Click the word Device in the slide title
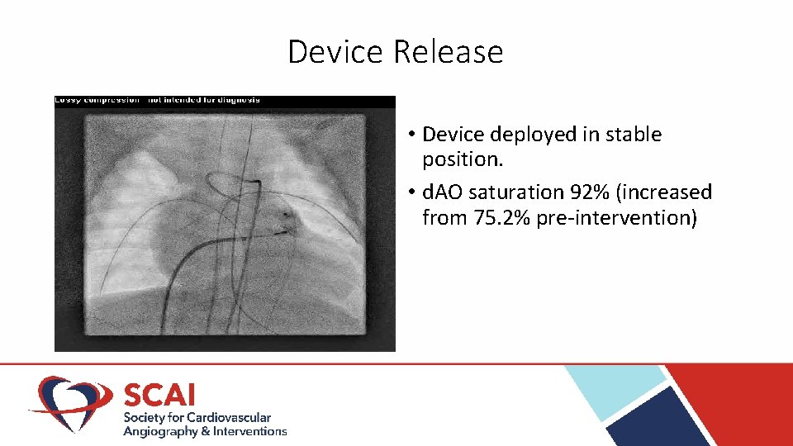click(337, 52)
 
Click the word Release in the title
click(448, 52)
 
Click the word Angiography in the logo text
click(160, 431)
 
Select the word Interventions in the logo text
click(249, 431)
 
